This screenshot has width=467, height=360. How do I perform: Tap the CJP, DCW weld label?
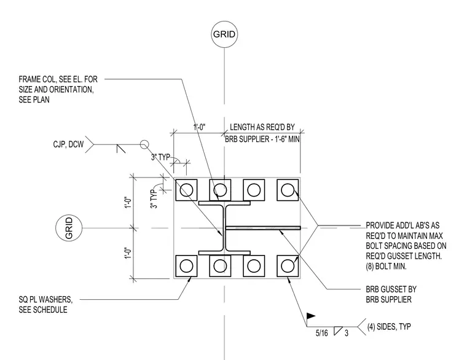point(68,144)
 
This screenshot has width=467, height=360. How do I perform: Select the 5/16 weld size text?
point(321,333)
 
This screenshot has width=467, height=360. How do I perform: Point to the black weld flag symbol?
point(311,316)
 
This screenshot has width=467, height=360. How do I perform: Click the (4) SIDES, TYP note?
point(389,327)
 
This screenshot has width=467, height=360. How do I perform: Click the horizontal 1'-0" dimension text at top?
point(199,127)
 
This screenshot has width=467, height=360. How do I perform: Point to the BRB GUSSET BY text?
point(391,289)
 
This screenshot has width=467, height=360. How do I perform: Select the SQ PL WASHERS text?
point(45,299)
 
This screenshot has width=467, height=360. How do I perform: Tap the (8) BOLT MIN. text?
point(386,266)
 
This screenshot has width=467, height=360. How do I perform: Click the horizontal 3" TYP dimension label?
point(160,157)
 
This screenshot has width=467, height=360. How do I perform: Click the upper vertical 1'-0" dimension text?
point(128,203)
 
